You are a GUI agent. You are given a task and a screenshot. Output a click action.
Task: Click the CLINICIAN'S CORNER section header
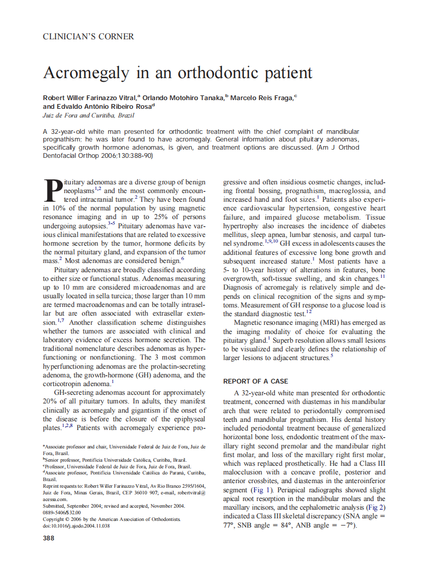88,36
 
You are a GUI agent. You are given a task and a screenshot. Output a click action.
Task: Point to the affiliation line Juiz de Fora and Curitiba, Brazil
88,115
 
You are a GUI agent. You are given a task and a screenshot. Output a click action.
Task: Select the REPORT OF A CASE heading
255,381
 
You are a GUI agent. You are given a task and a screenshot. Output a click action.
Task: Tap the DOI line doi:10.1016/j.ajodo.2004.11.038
76,526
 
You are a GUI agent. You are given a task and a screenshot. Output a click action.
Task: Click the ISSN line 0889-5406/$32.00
62,512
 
